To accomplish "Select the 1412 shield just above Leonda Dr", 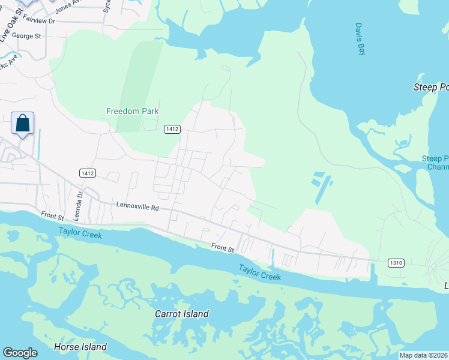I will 87,173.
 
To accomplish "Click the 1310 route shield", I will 396,263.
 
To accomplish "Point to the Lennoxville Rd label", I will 138,207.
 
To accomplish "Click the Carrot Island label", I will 182,314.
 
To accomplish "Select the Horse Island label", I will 80,347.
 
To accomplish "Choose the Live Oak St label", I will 11,23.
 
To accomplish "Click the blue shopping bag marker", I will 22,124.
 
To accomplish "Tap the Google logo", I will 20,353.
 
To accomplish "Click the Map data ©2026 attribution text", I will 424,355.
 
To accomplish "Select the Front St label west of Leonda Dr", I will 52,214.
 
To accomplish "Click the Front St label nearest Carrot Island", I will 222,247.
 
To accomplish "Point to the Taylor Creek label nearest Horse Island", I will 80,233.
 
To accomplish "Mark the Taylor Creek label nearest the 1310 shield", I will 259,272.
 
